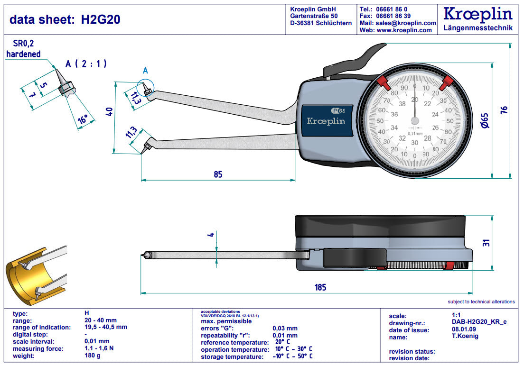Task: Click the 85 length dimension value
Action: tap(218, 174)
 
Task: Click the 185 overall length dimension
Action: tap(320, 287)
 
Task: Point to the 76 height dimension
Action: tap(504, 109)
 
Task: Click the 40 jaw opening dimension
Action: tap(109, 112)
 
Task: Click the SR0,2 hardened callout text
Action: tap(23, 49)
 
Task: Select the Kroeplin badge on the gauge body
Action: tap(326, 121)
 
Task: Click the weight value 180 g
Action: tap(93, 356)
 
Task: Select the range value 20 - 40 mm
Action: tap(100, 320)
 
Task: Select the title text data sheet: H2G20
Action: tap(65, 19)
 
